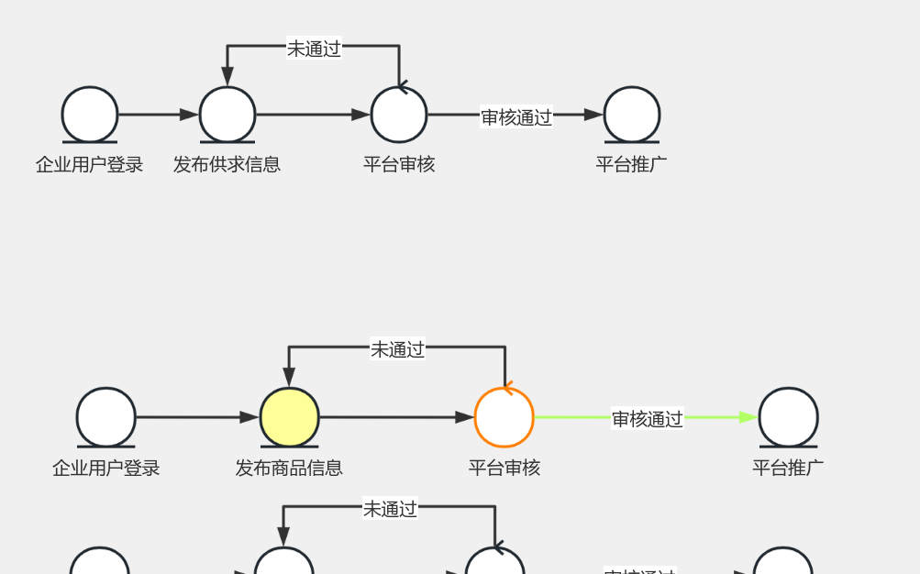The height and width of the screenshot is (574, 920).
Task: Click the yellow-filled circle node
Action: tap(290, 417)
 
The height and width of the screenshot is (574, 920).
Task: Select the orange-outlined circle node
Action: tap(504, 417)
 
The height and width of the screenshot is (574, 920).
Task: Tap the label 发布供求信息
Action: tap(227, 165)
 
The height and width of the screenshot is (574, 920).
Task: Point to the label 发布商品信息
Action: tap(289, 468)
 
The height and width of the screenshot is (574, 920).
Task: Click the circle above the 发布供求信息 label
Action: tap(227, 115)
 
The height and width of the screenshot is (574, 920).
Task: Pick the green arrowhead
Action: tap(748, 417)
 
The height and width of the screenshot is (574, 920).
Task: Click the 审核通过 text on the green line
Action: tap(648, 419)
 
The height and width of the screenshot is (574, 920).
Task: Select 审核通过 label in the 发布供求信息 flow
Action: tap(516, 116)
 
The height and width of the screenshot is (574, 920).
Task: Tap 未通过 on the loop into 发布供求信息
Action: tap(314, 49)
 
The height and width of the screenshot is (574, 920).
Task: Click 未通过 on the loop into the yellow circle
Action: tap(397, 349)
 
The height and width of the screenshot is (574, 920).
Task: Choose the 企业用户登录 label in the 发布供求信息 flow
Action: tap(90, 165)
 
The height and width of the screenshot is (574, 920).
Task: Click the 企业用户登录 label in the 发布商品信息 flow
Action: tap(106, 468)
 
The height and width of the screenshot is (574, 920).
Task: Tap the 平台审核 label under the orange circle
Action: tap(504, 468)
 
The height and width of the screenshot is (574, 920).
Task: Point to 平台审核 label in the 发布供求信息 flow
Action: tap(399, 165)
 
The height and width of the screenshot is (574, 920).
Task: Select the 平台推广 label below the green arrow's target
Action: tap(788, 468)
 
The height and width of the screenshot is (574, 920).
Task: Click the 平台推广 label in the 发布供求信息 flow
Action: tap(631, 165)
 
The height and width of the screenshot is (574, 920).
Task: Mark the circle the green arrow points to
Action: tap(788, 417)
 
